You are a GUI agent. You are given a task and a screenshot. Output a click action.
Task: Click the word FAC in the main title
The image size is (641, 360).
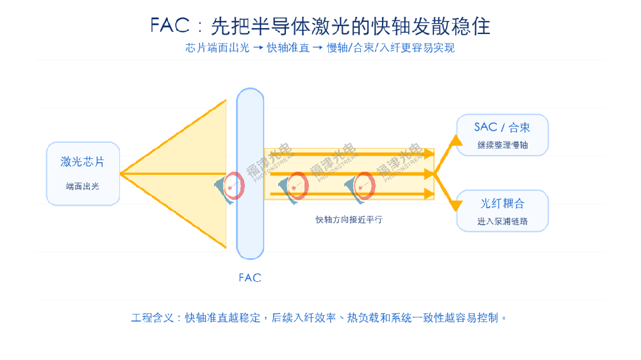pos(170,26)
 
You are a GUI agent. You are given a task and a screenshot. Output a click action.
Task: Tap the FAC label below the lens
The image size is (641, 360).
pos(250,278)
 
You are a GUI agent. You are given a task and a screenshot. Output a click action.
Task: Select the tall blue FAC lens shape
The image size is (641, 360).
pos(250,174)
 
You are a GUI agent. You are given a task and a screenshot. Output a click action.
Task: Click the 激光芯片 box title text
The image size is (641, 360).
pos(83,162)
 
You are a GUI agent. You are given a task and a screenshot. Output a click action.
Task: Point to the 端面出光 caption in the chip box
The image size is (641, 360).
pos(83,186)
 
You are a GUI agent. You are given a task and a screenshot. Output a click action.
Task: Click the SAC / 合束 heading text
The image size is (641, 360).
pos(502,127)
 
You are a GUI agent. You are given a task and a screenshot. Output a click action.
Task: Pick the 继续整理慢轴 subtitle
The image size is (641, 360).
pos(503,145)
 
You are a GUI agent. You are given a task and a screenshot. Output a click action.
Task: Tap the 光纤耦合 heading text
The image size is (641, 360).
pos(503,204)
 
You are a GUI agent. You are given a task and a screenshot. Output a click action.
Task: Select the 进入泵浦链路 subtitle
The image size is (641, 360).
pos(503,222)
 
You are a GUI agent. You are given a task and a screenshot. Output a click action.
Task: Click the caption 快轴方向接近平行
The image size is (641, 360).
pos(349,220)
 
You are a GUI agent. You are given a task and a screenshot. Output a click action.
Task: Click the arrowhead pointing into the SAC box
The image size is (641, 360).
pos(456,141)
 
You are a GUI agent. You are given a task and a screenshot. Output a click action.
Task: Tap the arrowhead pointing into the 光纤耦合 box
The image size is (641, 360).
pos(456,206)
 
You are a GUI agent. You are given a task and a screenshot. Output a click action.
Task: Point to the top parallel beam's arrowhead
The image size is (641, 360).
pos(429,154)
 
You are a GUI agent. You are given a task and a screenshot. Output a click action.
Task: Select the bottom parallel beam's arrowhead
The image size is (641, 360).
pos(429,193)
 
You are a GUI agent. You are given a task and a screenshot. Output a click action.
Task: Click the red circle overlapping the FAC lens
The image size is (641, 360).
pos(234,186)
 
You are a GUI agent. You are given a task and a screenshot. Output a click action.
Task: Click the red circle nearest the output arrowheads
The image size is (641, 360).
pos(364,186)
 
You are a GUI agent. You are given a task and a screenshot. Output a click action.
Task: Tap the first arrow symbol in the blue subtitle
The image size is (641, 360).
pos(258,48)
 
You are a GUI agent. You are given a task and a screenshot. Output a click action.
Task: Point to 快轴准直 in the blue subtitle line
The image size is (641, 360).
pos(288,48)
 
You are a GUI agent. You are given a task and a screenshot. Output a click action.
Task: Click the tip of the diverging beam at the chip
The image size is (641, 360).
pos(121,174)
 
